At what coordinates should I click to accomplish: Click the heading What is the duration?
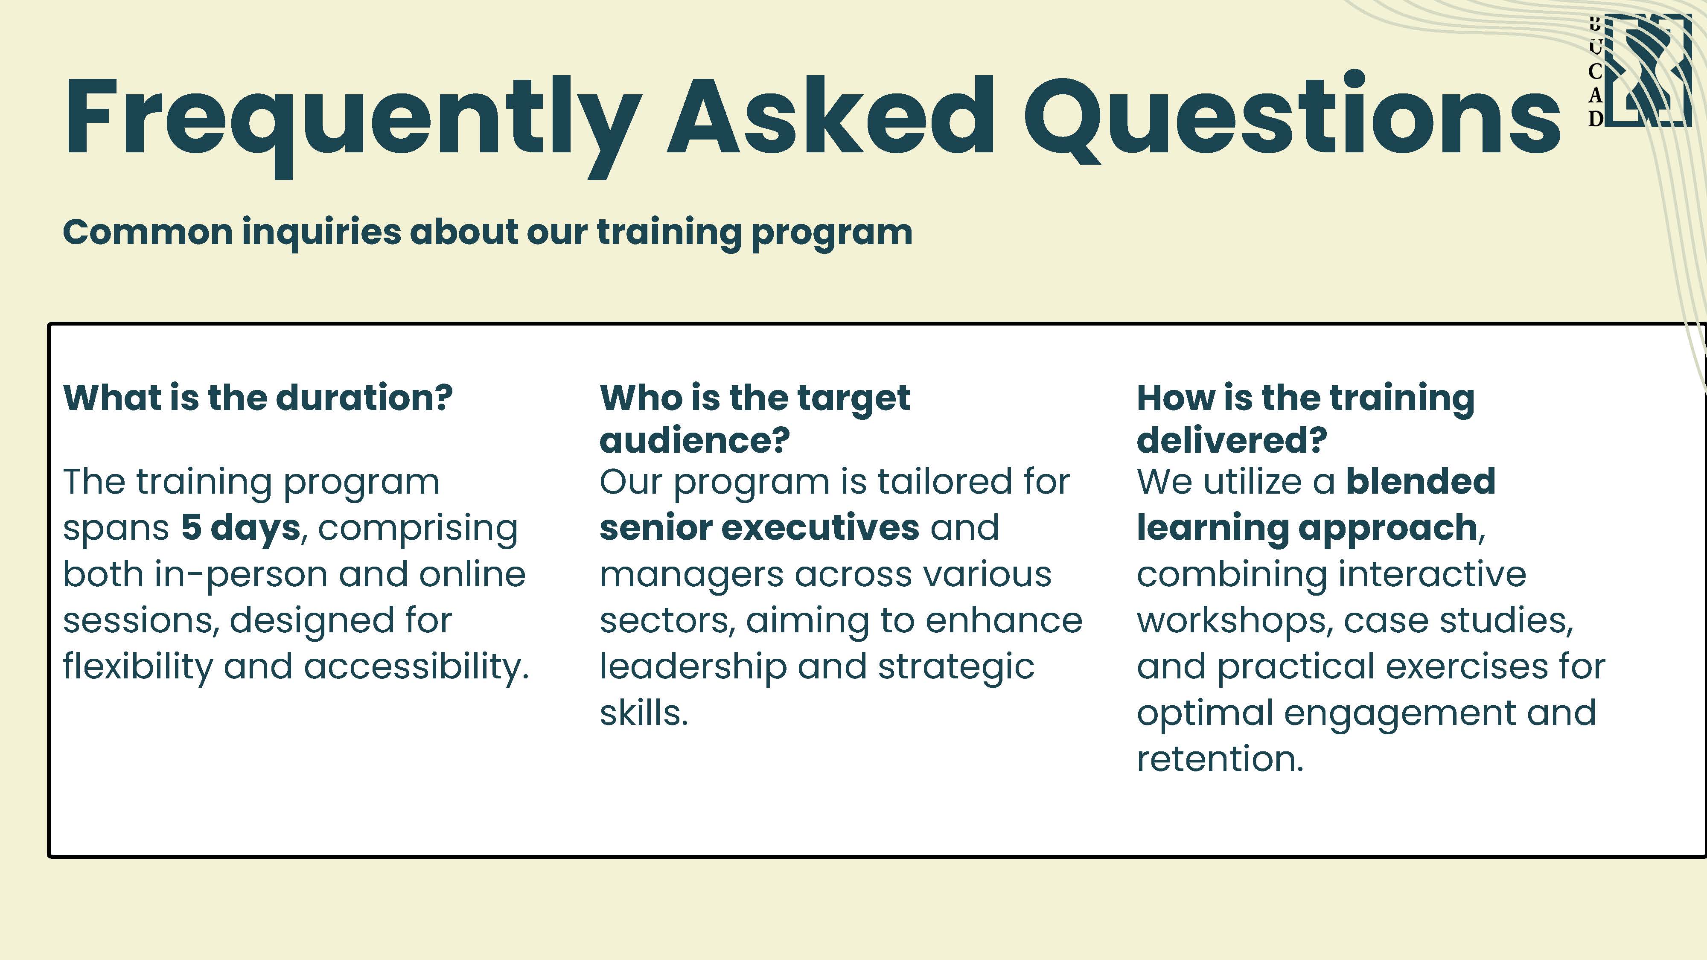pyautogui.click(x=258, y=398)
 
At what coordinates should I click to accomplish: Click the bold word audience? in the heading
pyautogui.click(x=694, y=440)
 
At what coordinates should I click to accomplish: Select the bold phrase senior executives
pyautogui.click(x=760, y=528)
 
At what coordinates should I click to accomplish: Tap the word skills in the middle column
pyautogui.click(x=644, y=713)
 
